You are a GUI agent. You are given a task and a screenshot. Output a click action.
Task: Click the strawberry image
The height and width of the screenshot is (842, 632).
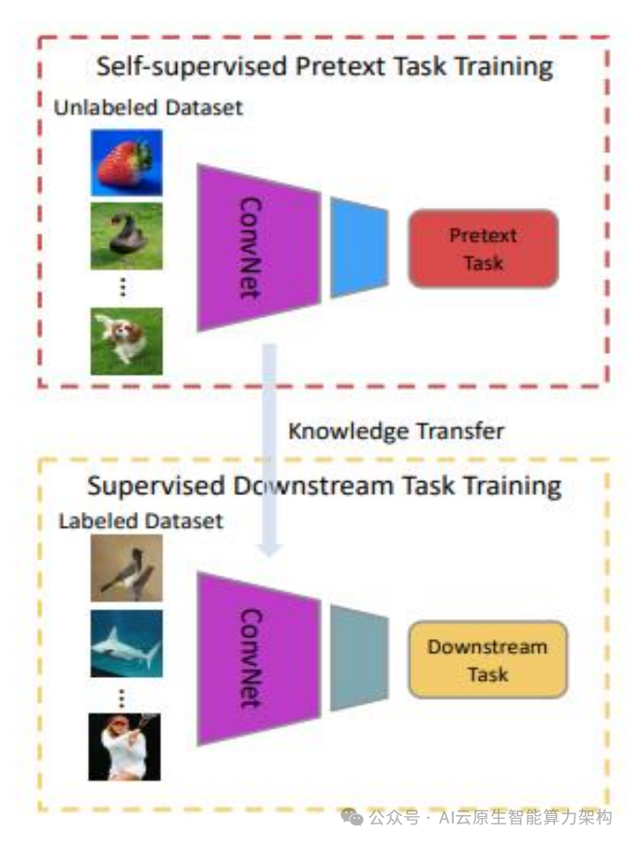click(x=126, y=162)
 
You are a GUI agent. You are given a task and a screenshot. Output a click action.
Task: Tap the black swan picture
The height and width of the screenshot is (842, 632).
click(x=126, y=236)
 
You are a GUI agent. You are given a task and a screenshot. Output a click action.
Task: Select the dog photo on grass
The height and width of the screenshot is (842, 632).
click(x=126, y=340)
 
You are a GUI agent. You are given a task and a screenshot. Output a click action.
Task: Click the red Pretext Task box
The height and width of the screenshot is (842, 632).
click(x=483, y=249)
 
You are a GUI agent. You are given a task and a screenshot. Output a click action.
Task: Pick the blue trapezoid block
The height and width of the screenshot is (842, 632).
click(x=359, y=248)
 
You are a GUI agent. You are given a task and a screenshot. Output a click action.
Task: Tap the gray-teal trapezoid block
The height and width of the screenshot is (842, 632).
click(x=359, y=658)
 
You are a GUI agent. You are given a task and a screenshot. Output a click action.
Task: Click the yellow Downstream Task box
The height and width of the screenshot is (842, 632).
click(x=487, y=659)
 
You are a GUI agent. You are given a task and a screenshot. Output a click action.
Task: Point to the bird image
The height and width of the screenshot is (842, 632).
click(x=126, y=568)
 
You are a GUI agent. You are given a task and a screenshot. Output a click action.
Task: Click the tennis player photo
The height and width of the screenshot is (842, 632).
click(x=126, y=746)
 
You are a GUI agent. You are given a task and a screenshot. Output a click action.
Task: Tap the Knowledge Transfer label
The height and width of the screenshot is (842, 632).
click(x=396, y=431)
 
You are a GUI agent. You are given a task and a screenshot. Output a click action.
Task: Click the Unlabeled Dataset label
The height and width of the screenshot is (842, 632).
click(x=148, y=108)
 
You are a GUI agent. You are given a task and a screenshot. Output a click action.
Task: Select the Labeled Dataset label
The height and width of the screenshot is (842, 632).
click(x=141, y=521)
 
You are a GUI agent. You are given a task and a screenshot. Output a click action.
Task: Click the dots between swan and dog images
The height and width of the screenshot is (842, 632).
click(x=123, y=287)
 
